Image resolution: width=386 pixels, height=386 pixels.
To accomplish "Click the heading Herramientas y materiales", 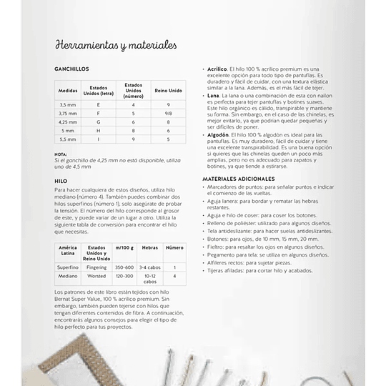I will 116,46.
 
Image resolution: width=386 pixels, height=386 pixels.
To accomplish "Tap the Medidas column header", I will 68,91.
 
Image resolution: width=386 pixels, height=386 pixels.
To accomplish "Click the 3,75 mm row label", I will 68,113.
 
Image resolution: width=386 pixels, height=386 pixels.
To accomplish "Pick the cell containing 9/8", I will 168,113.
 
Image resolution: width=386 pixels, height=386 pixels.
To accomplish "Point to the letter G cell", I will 99,122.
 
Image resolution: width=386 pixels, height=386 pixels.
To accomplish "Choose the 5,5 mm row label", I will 68,139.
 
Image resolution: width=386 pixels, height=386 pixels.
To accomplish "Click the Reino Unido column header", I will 168,91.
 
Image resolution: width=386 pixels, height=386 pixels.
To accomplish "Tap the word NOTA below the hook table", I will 61,154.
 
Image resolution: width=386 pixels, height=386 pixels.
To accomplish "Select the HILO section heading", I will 61,182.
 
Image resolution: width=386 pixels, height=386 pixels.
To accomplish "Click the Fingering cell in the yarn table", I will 96,267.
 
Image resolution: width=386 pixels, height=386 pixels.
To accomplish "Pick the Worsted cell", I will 96,276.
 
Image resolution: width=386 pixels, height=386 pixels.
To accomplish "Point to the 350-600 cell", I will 124,267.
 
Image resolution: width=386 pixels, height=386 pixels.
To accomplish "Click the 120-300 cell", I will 124,276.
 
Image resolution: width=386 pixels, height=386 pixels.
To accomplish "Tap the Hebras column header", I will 149,248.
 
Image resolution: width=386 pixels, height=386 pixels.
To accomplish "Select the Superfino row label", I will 68,267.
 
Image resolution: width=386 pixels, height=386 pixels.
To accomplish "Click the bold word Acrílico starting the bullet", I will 218,68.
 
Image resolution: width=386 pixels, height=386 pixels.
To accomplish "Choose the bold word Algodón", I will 219,134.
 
